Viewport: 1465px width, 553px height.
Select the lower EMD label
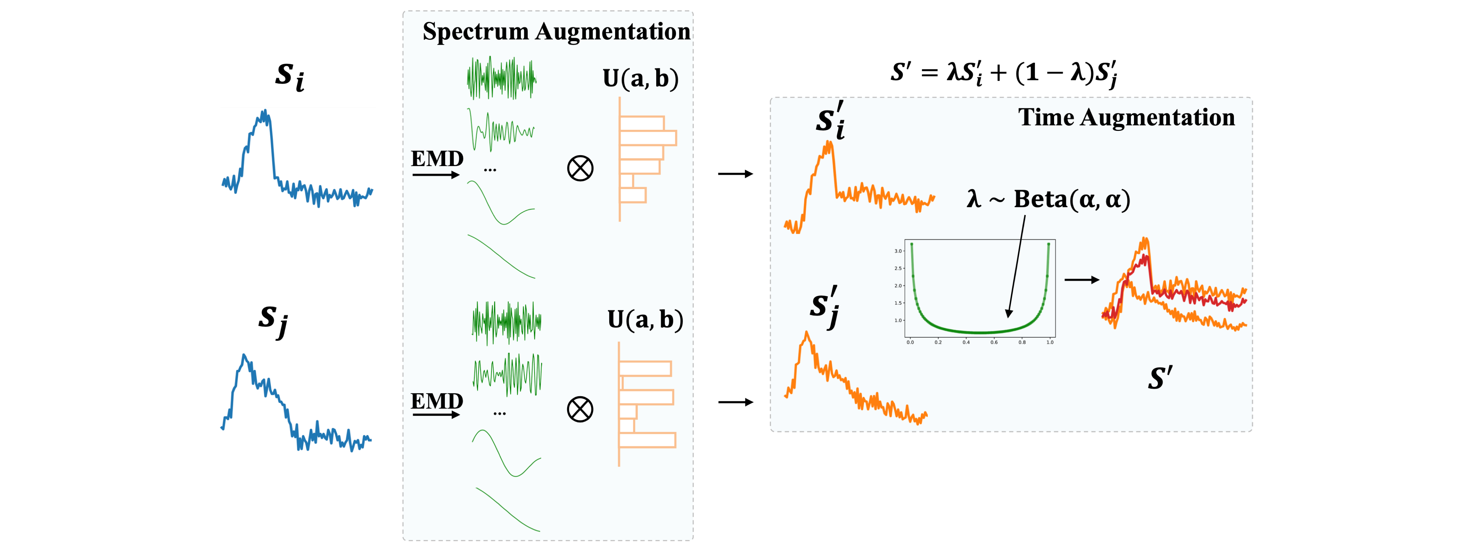(437, 401)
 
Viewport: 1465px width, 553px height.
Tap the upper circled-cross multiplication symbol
(580, 168)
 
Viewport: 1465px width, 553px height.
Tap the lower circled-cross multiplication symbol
(580, 410)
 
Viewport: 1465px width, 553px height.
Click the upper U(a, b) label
(640, 79)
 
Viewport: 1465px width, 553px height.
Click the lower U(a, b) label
(645, 320)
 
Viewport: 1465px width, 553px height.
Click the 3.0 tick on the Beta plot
(898, 251)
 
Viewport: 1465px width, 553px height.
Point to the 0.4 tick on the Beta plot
(966, 343)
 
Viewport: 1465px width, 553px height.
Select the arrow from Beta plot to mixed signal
(1082, 280)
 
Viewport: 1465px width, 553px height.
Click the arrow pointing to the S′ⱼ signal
(735, 402)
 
